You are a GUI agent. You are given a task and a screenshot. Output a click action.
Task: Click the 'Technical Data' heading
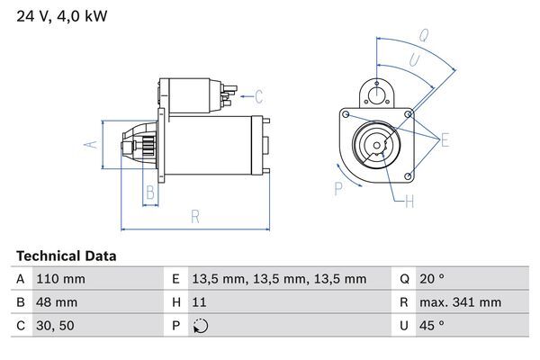click(x=66, y=256)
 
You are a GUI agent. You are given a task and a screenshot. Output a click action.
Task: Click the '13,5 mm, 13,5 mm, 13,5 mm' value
click(x=280, y=279)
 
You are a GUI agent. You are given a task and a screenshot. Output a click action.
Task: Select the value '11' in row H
click(x=200, y=302)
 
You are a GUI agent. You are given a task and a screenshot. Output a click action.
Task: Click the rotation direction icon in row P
click(x=200, y=326)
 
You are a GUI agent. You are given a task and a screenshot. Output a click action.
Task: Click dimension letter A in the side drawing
click(x=88, y=143)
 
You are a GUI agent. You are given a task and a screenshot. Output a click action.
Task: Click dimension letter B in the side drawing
click(x=150, y=190)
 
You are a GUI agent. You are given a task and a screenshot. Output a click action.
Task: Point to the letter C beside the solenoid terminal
click(x=258, y=96)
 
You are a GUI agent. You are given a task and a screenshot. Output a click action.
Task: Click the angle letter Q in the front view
click(x=422, y=36)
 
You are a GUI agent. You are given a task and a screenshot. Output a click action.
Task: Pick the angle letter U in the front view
click(x=414, y=59)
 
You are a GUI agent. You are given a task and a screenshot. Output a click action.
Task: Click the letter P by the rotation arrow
click(x=338, y=188)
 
